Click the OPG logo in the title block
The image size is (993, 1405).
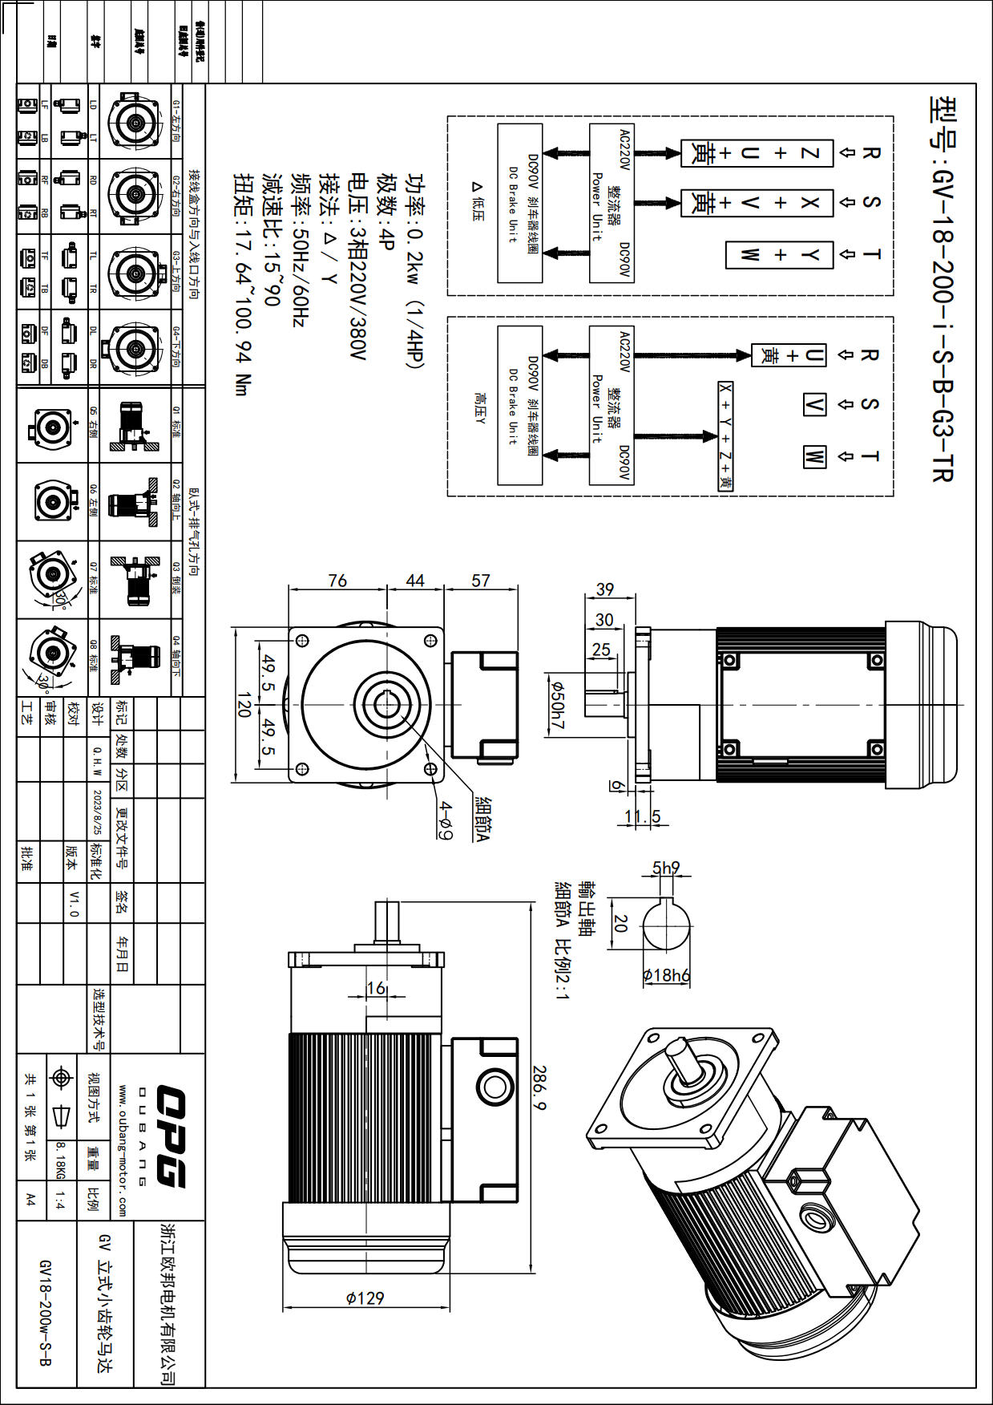[171, 1136]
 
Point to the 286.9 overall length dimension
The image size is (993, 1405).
[539, 1087]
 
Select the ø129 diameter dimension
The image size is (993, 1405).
[365, 1298]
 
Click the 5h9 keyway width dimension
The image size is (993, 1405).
[665, 868]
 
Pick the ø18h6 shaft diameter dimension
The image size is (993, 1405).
[666, 975]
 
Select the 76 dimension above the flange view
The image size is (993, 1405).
[337, 580]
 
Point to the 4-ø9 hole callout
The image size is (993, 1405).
[446, 821]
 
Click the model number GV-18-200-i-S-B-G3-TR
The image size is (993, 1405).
[943, 289]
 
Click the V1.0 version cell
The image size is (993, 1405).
[74, 903]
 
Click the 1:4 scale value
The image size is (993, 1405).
[61, 1201]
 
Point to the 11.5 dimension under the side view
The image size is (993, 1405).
[643, 816]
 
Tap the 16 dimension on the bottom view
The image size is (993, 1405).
[376, 988]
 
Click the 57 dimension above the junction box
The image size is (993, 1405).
[480, 580]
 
